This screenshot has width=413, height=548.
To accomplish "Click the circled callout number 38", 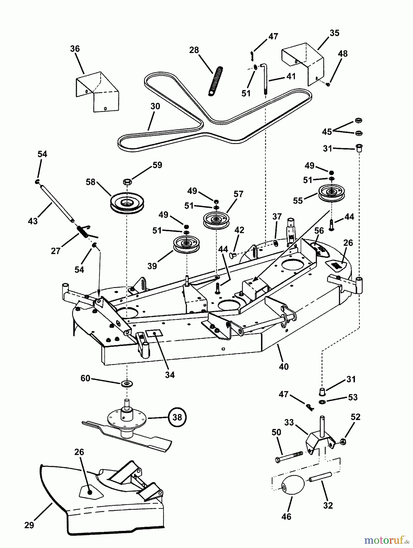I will coord(177,417).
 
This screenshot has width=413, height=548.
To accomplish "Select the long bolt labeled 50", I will coord(289,457).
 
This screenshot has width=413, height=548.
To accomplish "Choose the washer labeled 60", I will coord(127,383).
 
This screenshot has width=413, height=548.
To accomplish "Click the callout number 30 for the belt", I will coord(155,106).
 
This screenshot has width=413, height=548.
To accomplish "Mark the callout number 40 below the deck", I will coord(284,367).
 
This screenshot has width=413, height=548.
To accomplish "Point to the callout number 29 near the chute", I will coord(29,525).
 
